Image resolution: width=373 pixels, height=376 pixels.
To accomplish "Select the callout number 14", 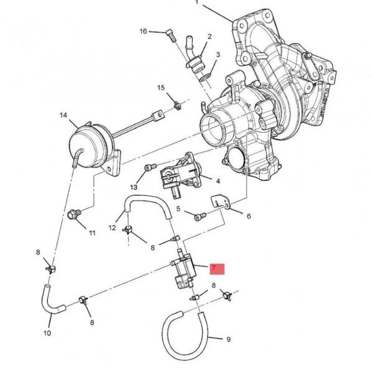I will click(63, 115).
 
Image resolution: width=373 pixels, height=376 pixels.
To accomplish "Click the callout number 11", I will click(92, 233).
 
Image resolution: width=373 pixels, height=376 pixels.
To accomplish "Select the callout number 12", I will click(113, 228).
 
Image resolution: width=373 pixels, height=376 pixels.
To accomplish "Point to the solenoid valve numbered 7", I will click(185, 270).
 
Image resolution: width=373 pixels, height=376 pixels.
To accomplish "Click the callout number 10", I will click(47, 333).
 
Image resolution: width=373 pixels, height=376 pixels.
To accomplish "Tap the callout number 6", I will click(249, 217).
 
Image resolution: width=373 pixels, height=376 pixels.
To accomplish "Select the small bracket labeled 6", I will click(219, 202).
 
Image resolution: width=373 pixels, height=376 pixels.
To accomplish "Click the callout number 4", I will click(218, 181).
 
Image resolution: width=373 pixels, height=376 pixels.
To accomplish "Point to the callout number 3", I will click(218, 55).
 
